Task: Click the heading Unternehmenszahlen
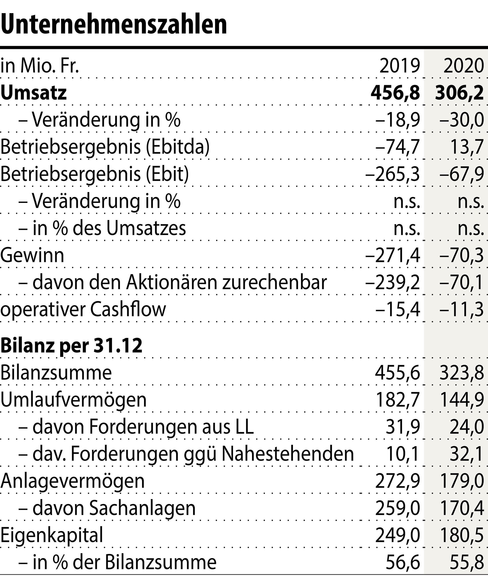114,24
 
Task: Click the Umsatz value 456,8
395,93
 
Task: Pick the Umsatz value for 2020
459,93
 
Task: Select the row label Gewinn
32,255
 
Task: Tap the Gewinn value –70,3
461,255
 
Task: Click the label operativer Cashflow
83,310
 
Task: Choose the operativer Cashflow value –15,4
398,310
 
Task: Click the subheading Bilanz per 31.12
71,346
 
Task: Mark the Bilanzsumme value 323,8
462,373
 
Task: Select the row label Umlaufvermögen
73,400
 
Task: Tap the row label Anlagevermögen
72,481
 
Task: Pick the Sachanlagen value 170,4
462,508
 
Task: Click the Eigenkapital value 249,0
398,535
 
